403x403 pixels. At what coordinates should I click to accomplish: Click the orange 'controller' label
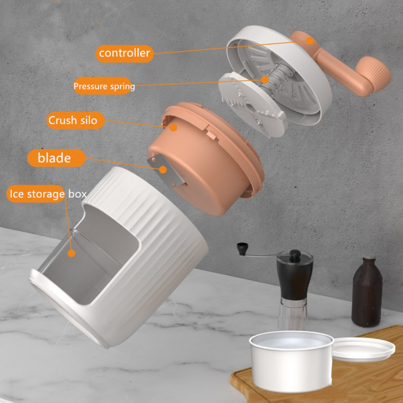click(125, 53)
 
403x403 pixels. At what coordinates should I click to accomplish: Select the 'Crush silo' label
click(73, 120)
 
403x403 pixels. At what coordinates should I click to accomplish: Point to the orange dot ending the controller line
click(310, 40)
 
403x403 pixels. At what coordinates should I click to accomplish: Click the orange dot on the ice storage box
click(71, 253)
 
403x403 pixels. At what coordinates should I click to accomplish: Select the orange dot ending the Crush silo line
click(174, 127)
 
